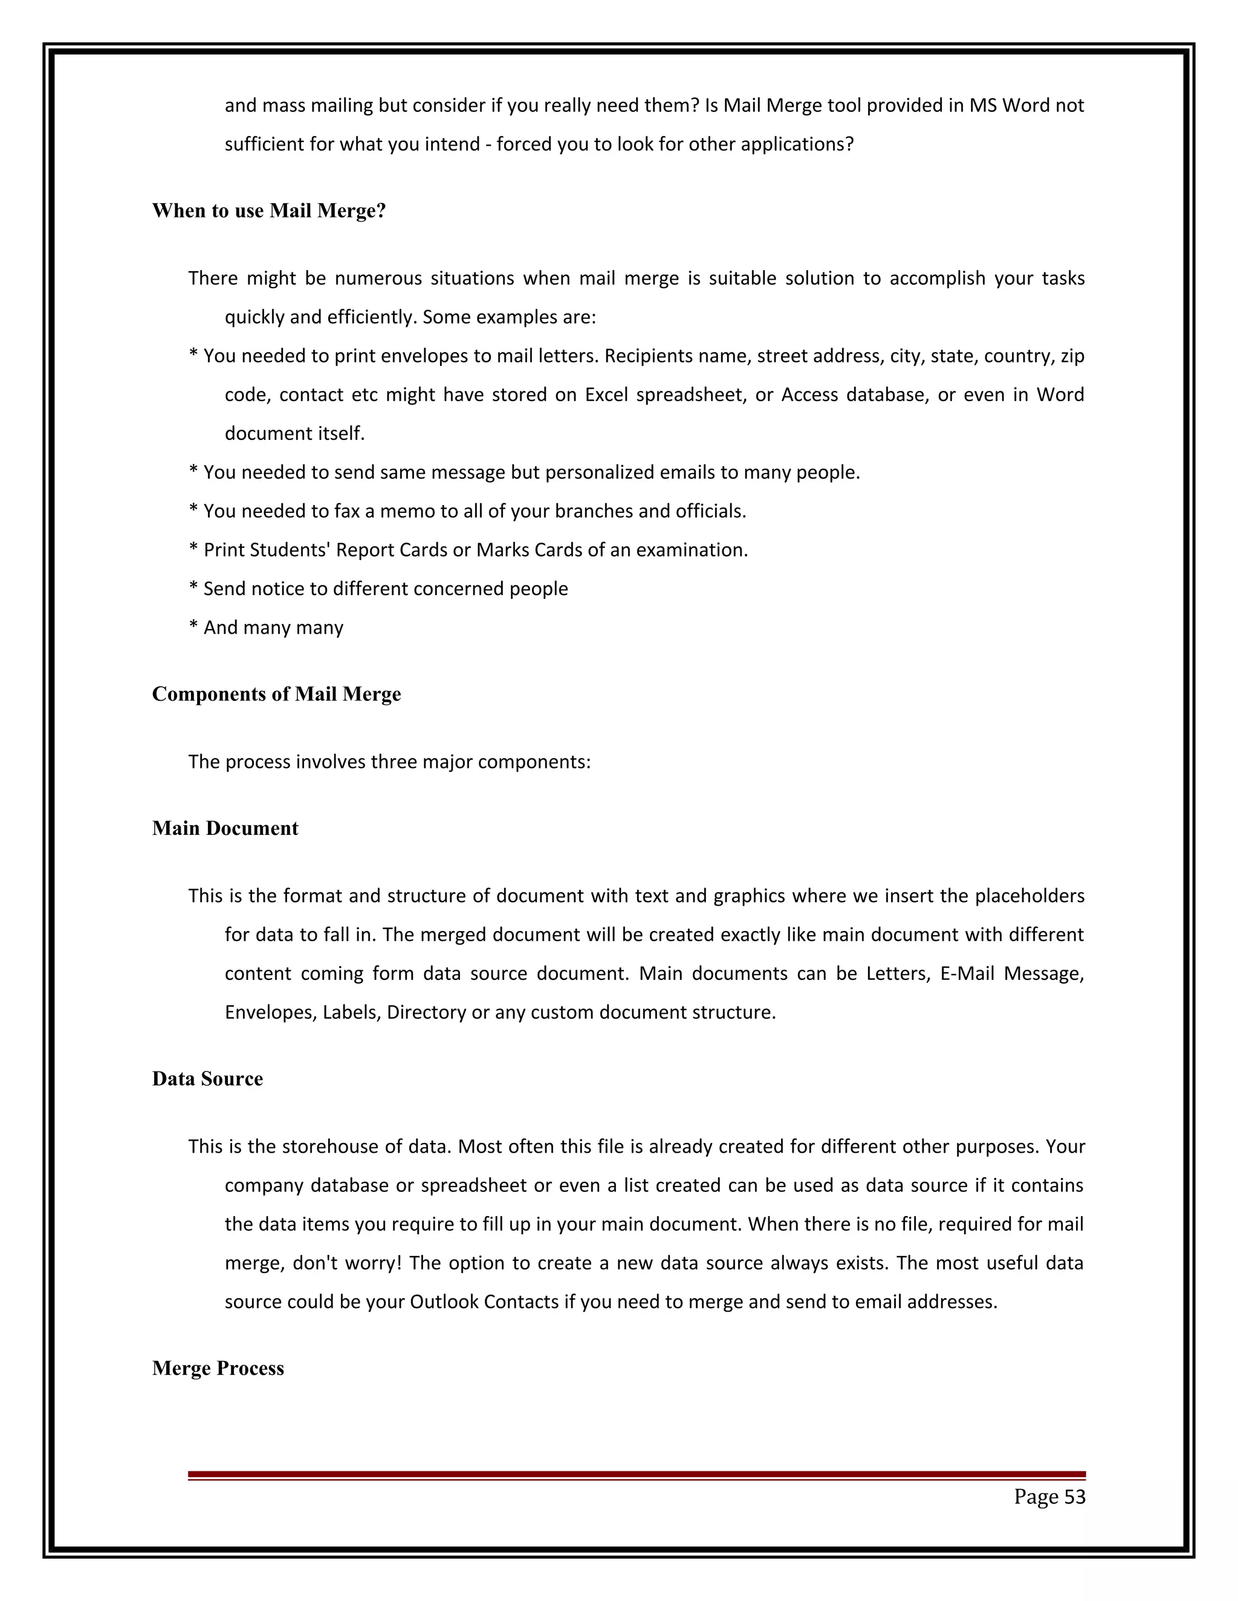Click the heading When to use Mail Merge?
(x=268, y=211)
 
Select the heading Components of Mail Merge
(x=276, y=694)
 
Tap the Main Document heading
(x=224, y=828)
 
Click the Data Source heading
(x=207, y=1079)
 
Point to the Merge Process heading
(x=217, y=1368)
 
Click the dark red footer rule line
(x=636, y=1474)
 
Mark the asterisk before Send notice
(x=193, y=588)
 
